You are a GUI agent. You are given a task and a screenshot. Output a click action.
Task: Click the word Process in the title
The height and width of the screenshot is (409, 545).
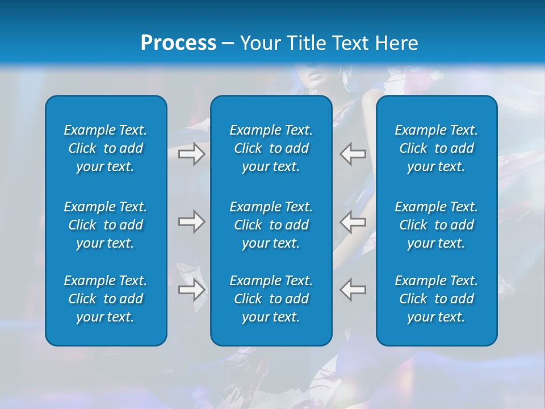[x=178, y=43]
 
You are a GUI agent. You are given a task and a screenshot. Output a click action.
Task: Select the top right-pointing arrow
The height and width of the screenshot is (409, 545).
[x=191, y=154]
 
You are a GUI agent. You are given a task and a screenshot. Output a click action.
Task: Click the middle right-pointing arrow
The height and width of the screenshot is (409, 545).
[x=191, y=222]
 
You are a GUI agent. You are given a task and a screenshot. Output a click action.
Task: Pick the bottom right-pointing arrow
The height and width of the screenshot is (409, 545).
[x=191, y=290]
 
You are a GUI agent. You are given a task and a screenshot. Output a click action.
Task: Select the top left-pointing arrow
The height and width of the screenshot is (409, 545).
[x=353, y=154]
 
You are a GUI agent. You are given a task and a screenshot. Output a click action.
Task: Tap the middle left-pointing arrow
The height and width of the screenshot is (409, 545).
[x=353, y=222]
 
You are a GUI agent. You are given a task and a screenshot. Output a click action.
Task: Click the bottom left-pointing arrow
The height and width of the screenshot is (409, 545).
[x=353, y=290]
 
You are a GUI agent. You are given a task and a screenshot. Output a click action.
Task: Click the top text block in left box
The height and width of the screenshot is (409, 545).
[x=106, y=148]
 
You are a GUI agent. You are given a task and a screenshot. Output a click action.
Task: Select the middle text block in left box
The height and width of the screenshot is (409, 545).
[x=106, y=225]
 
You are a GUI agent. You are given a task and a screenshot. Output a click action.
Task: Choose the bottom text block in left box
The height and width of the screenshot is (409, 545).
[x=106, y=299]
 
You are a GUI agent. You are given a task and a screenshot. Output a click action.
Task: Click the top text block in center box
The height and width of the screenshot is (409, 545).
[x=271, y=148]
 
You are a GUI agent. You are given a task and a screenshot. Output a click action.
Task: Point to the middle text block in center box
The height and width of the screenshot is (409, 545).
[x=271, y=225]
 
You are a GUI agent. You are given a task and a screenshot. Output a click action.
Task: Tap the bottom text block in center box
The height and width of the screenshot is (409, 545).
[x=271, y=299]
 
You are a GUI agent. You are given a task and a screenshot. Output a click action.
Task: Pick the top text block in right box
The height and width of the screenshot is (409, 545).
[x=437, y=148]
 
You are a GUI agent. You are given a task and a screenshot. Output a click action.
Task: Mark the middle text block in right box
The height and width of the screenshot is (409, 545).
[x=437, y=225]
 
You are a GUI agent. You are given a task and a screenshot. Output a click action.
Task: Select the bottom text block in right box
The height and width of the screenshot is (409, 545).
[x=437, y=299]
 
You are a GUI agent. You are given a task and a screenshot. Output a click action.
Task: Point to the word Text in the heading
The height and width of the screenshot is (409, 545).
[x=350, y=43]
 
